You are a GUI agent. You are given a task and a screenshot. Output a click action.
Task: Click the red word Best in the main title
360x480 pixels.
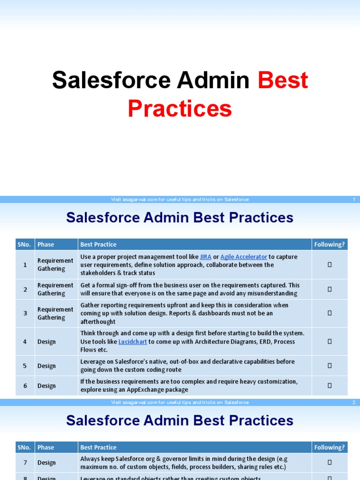tap(283, 80)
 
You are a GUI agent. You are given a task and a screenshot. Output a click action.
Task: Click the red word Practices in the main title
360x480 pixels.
tap(180, 109)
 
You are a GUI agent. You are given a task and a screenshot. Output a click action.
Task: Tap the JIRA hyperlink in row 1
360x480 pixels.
tap(206, 257)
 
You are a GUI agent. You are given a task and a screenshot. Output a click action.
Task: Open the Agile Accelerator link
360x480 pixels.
tap(244, 257)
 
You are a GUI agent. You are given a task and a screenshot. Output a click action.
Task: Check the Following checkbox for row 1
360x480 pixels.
tap(330, 265)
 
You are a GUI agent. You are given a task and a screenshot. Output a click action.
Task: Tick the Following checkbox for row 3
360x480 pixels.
tap(330, 313)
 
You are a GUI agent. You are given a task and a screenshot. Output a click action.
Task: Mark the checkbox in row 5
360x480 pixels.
tap(330, 366)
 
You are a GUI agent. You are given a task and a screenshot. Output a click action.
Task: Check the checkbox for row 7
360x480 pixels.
tap(330, 463)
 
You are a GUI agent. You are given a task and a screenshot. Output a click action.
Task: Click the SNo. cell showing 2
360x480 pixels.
tap(25, 289)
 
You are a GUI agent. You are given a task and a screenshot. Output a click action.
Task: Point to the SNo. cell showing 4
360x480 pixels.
tap(25, 342)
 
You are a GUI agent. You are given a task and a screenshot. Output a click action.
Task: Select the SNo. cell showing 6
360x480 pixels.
tap(25, 386)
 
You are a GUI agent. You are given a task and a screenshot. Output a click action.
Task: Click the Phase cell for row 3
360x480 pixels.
tap(55, 313)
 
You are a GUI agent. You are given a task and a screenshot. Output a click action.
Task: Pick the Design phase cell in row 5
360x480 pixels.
tap(47, 366)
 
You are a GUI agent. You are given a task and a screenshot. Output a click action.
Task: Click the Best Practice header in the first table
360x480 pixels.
tap(98, 244)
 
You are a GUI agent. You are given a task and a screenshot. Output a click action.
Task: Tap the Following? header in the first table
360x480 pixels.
tap(330, 244)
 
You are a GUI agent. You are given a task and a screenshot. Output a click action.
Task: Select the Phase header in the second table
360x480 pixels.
tap(46, 447)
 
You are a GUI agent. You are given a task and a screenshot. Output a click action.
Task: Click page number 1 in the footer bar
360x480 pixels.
tap(354, 200)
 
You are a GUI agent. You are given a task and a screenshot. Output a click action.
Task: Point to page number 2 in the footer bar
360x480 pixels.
tap(354, 403)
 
